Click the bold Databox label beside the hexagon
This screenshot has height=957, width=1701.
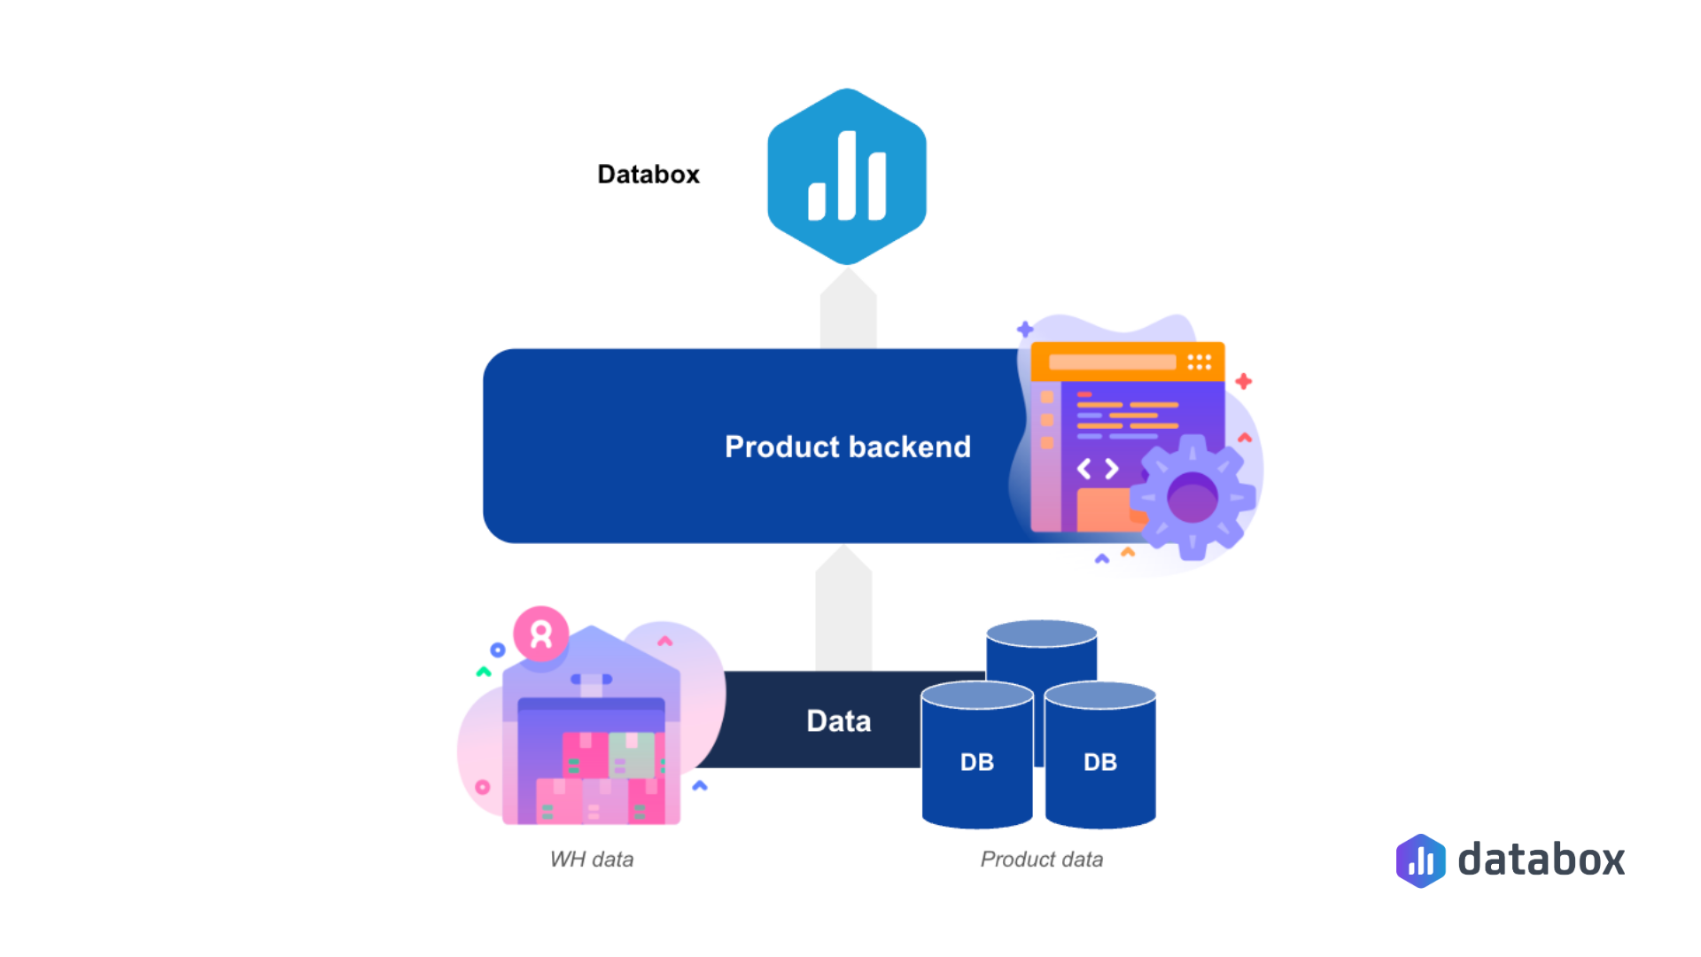648,175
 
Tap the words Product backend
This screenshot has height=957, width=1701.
847,447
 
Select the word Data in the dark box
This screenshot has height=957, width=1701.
838,721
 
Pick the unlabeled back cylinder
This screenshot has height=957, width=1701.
1041,651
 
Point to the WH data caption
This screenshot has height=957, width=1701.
591,860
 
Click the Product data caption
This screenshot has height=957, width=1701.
1041,860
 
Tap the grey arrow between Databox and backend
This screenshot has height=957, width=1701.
848,310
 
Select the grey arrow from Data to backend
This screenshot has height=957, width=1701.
843,611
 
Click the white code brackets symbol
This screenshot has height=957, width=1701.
1097,469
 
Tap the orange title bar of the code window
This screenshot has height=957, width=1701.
1127,362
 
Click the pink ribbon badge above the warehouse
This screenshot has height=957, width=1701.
540,634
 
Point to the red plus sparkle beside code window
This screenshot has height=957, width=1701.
1243,381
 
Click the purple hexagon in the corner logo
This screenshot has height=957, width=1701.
1420,860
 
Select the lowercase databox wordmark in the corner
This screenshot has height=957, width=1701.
1541,860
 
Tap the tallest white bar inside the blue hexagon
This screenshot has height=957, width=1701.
847,175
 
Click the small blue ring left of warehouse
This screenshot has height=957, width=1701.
498,650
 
